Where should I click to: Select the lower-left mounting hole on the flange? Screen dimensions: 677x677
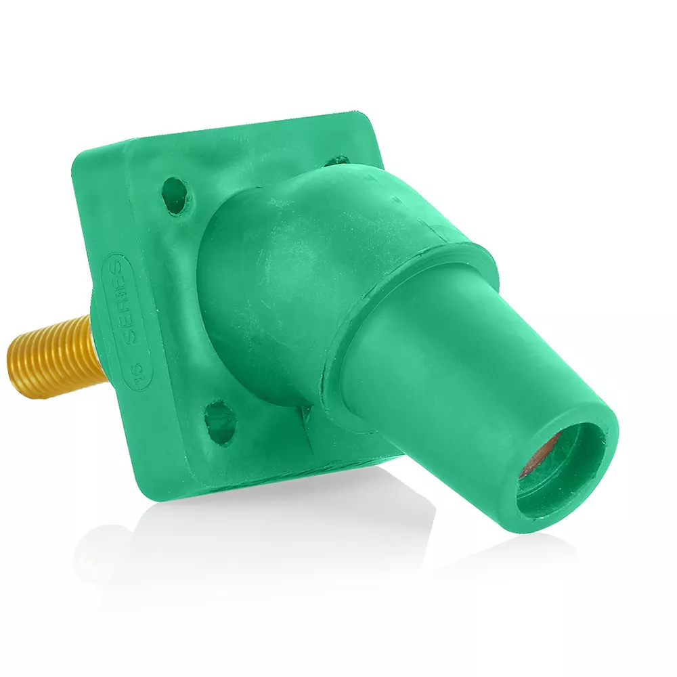coord(219,420)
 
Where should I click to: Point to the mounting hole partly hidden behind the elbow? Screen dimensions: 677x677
coord(336,161)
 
